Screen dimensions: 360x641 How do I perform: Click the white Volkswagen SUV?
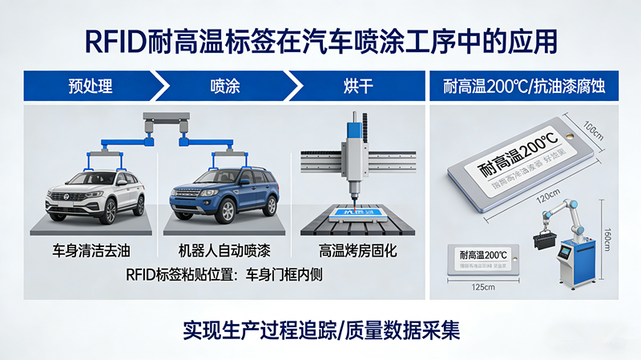click(x=95, y=194)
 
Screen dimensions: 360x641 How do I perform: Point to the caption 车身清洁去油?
click(x=95, y=250)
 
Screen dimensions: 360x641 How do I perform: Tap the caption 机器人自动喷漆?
click(x=225, y=250)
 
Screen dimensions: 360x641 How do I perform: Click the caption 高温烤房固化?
click(x=357, y=250)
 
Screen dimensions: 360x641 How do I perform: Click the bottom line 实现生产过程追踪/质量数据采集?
click(x=320, y=329)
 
